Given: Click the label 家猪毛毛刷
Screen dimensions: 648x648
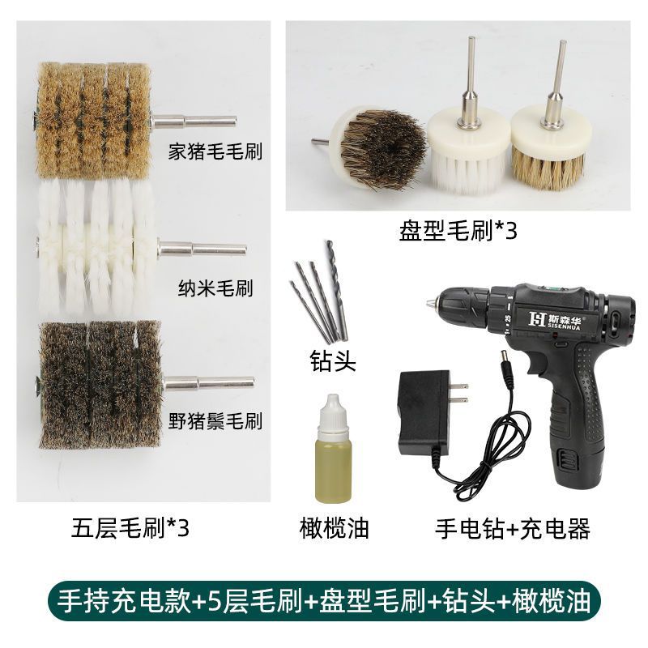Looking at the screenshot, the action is click(x=215, y=151).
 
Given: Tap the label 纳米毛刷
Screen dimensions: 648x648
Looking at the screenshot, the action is click(x=215, y=288).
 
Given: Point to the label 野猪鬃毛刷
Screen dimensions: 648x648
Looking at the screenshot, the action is click(x=215, y=421).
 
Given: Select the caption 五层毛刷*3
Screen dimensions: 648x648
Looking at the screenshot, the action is click(x=130, y=528).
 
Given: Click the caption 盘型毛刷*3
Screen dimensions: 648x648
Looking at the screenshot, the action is click(x=458, y=230).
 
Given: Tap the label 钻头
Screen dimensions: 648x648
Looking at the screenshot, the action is click(x=333, y=360).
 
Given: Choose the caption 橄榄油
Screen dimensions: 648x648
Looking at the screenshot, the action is click(x=334, y=528).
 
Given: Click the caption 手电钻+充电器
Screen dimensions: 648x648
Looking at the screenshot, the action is click(x=513, y=528).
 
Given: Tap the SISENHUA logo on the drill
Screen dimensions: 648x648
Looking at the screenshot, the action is click(x=555, y=319).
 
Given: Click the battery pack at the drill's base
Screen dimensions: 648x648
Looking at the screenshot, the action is click(x=580, y=463).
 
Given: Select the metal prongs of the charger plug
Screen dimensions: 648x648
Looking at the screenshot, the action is click(x=458, y=393).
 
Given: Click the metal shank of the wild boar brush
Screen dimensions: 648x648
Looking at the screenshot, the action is click(x=209, y=383).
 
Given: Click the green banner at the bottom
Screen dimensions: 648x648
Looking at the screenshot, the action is click(x=323, y=601).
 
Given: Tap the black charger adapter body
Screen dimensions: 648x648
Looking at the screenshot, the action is click(x=423, y=412).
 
